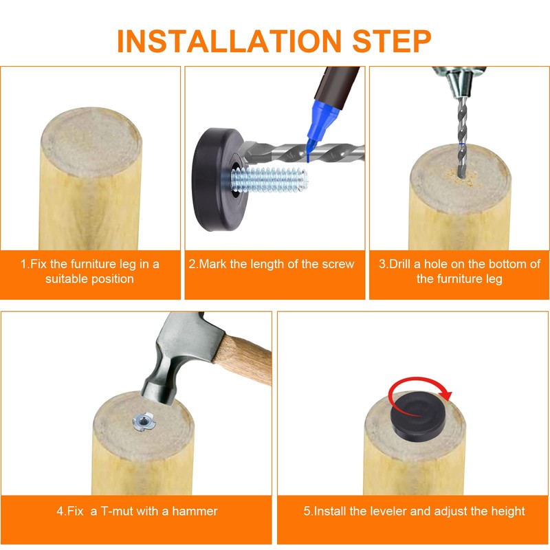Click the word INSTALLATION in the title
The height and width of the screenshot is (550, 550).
(x=229, y=41)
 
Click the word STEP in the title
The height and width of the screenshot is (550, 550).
(x=391, y=41)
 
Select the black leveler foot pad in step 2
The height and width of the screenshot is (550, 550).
(x=214, y=179)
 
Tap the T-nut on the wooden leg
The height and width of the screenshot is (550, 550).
(x=144, y=421)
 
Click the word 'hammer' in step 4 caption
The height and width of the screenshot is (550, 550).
(x=195, y=511)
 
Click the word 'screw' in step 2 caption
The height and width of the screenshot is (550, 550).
(x=338, y=264)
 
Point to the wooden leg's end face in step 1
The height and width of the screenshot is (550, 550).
(x=91, y=142)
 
